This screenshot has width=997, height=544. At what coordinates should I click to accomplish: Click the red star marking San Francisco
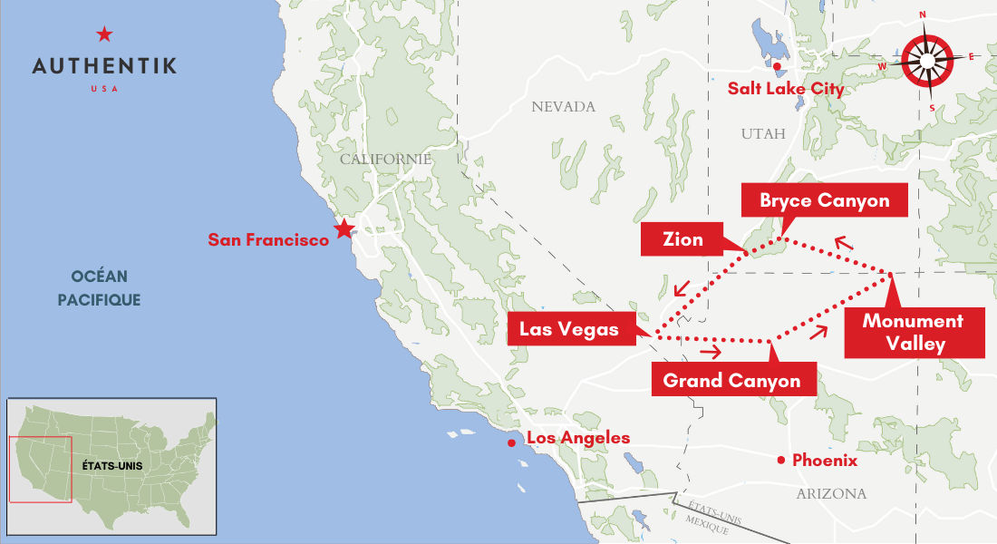(x=344, y=228)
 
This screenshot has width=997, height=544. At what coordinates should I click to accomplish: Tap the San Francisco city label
(x=268, y=240)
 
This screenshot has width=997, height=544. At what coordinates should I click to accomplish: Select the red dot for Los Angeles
(x=512, y=442)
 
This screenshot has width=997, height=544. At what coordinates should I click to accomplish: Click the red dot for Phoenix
(x=780, y=461)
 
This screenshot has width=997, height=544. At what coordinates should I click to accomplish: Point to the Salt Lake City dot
(x=777, y=66)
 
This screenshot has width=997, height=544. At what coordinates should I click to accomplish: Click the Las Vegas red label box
(x=569, y=329)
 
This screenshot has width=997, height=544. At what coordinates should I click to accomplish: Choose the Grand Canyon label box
(x=732, y=380)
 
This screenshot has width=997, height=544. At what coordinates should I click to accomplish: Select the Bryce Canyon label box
(x=824, y=200)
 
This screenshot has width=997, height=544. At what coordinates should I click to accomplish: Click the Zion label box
(x=682, y=239)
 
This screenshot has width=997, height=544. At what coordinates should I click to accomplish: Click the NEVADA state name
(x=563, y=107)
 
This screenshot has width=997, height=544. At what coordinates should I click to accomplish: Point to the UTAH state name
(x=762, y=133)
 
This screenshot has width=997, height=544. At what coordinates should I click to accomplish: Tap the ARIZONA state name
(x=830, y=494)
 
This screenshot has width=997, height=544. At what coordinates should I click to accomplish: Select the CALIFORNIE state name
(x=385, y=159)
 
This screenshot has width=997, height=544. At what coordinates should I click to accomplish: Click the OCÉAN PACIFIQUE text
(x=99, y=287)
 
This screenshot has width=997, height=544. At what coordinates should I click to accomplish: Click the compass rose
(x=928, y=61)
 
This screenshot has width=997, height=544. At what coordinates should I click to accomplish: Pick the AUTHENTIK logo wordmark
(x=104, y=66)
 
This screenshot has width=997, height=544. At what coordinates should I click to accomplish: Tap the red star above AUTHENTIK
(x=104, y=35)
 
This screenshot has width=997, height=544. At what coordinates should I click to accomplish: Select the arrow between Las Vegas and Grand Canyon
(x=711, y=352)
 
